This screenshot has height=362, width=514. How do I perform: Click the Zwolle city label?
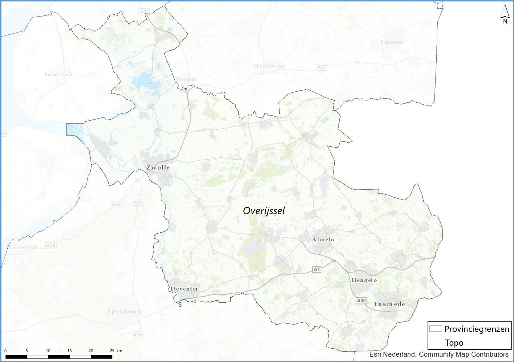point(158,168)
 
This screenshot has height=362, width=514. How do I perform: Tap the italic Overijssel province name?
point(264,211)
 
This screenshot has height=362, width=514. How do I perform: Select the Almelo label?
point(323,240)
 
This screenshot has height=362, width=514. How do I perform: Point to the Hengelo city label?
point(364,280)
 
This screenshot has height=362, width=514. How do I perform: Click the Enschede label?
point(389,304)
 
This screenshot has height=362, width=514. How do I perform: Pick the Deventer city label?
point(184,289)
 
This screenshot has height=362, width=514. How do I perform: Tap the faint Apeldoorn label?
point(124,311)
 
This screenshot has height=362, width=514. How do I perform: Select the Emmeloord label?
point(59,75)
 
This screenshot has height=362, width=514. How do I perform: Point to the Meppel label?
point(185,79)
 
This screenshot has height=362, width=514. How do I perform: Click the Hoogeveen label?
point(269,66)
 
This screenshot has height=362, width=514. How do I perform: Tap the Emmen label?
point(391,42)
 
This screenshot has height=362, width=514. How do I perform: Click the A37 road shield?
point(321,67)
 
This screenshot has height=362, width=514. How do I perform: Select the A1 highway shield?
point(317,270)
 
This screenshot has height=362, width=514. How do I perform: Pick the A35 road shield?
point(361,301)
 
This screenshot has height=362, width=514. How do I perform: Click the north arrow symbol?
point(505,17)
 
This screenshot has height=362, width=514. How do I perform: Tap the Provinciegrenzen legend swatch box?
point(436,329)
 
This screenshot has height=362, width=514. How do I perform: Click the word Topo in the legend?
point(454,343)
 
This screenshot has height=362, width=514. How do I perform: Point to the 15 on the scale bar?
point(69,350)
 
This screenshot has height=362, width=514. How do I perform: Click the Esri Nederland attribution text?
point(438,354)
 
